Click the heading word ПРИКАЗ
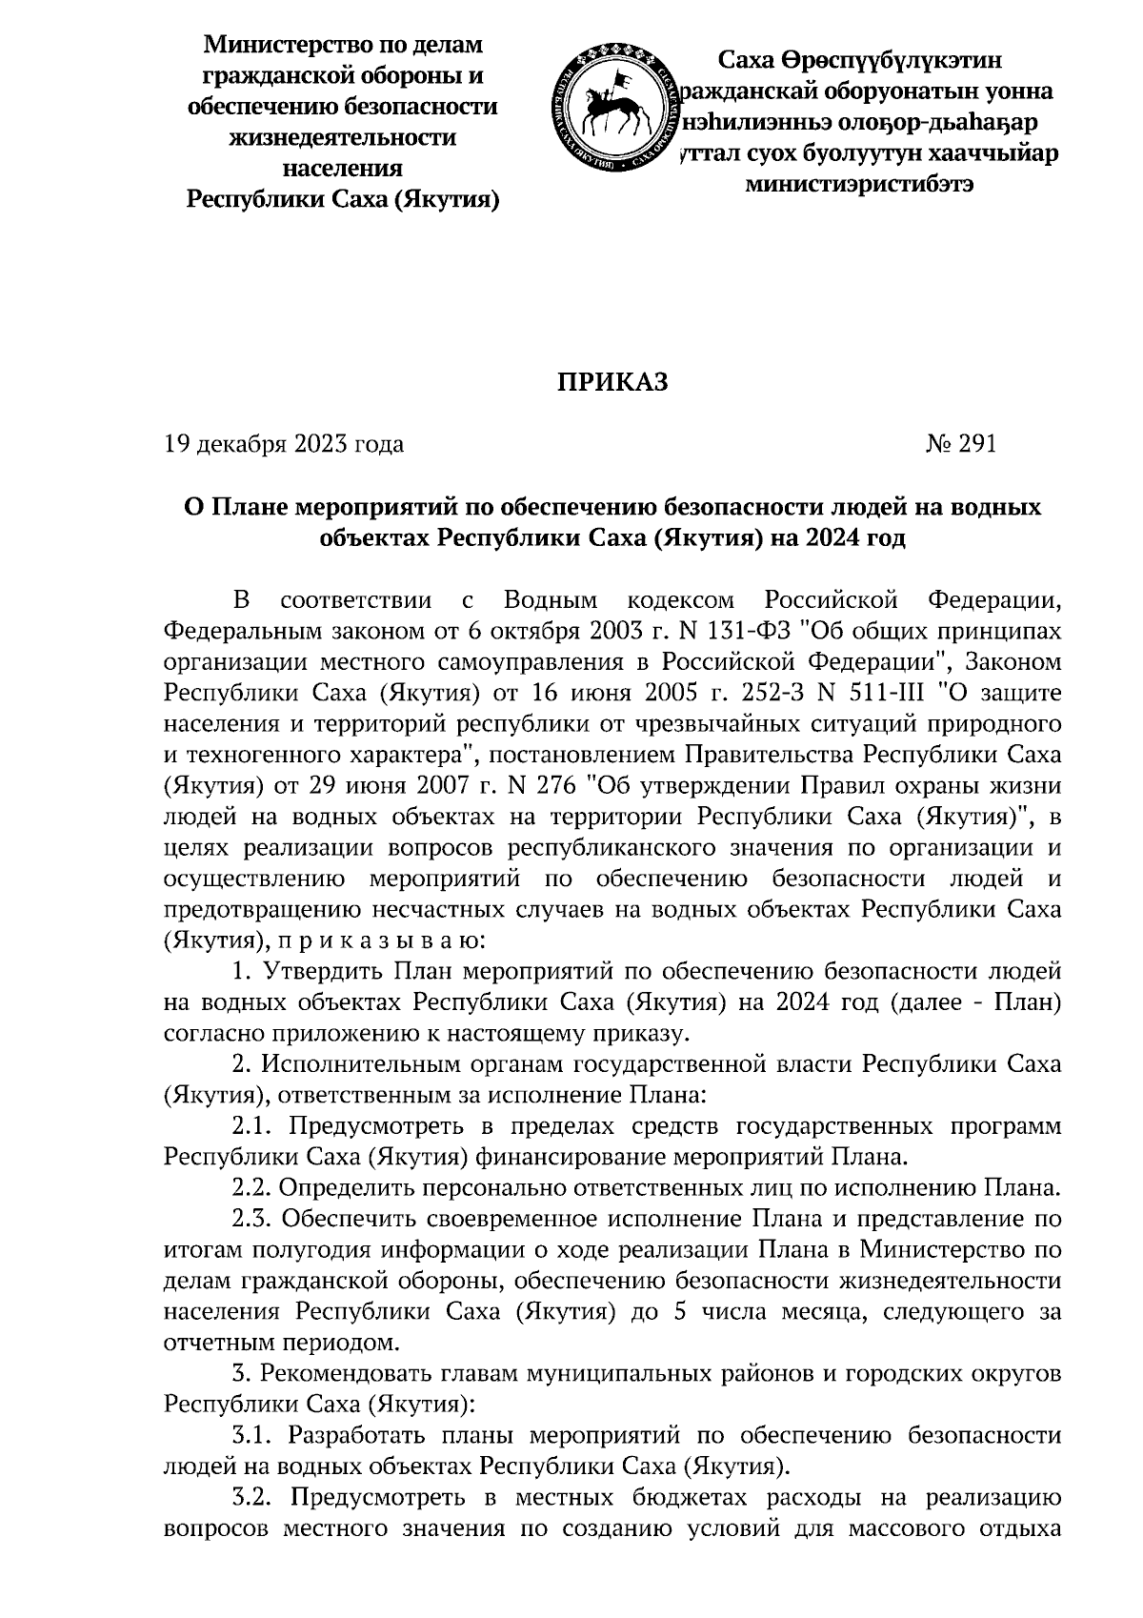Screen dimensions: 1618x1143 tap(612, 382)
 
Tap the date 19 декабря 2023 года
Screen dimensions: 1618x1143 tap(284, 444)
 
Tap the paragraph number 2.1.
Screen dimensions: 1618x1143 tap(254, 1126)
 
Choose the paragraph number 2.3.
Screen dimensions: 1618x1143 tap(254, 1219)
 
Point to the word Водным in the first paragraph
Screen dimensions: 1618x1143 tap(551, 600)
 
